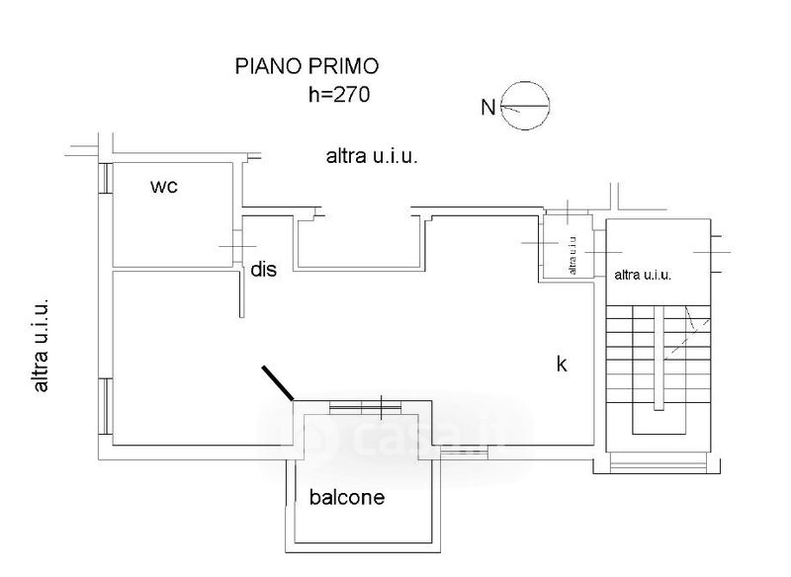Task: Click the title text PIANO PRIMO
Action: coord(307,66)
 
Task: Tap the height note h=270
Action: coord(339,94)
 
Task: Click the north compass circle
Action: coord(525,106)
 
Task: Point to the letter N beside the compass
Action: coord(487,108)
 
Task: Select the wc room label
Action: coord(164,187)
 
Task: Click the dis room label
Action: coord(263,269)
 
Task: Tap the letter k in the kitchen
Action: coord(562,364)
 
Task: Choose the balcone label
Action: coord(347,497)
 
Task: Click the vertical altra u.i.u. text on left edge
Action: coord(41,346)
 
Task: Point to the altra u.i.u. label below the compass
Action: coord(372,156)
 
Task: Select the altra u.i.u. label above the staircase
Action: coord(643,275)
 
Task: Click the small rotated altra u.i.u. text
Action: coord(572,256)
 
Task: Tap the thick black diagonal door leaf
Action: coord(278,383)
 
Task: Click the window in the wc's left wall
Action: coord(106,178)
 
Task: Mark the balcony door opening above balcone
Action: coord(365,407)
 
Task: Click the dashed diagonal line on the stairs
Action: coord(687,335)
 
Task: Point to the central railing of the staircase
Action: coord(659,358)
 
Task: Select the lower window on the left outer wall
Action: coord(106,406)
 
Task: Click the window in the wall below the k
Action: coord(464,453)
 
